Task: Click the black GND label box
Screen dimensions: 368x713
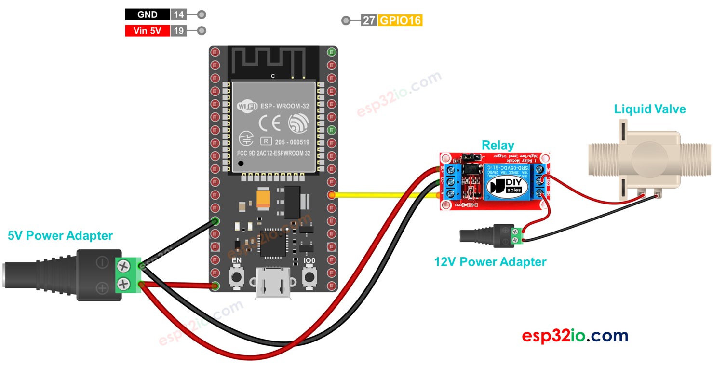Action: point(147,14)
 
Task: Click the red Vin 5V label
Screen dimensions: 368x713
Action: point(147,31)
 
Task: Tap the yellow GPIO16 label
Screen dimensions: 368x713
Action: point(401,21)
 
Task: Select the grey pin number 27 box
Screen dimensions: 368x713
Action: point(369,21)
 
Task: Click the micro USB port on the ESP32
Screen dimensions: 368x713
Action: point(272,286)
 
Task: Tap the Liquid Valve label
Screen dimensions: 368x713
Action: point(649,109)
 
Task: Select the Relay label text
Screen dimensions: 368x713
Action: point(498,145)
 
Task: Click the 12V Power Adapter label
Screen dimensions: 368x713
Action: point(490,262)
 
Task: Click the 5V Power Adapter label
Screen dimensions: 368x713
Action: point(60,236)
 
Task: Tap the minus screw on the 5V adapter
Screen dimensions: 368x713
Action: point(124,265)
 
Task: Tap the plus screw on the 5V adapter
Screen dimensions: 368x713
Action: point(124,283)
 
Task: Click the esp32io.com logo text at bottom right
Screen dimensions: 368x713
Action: point(575,336)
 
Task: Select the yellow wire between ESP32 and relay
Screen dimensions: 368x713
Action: point(386,195)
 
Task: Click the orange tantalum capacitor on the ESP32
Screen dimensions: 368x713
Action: point(264,198)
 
